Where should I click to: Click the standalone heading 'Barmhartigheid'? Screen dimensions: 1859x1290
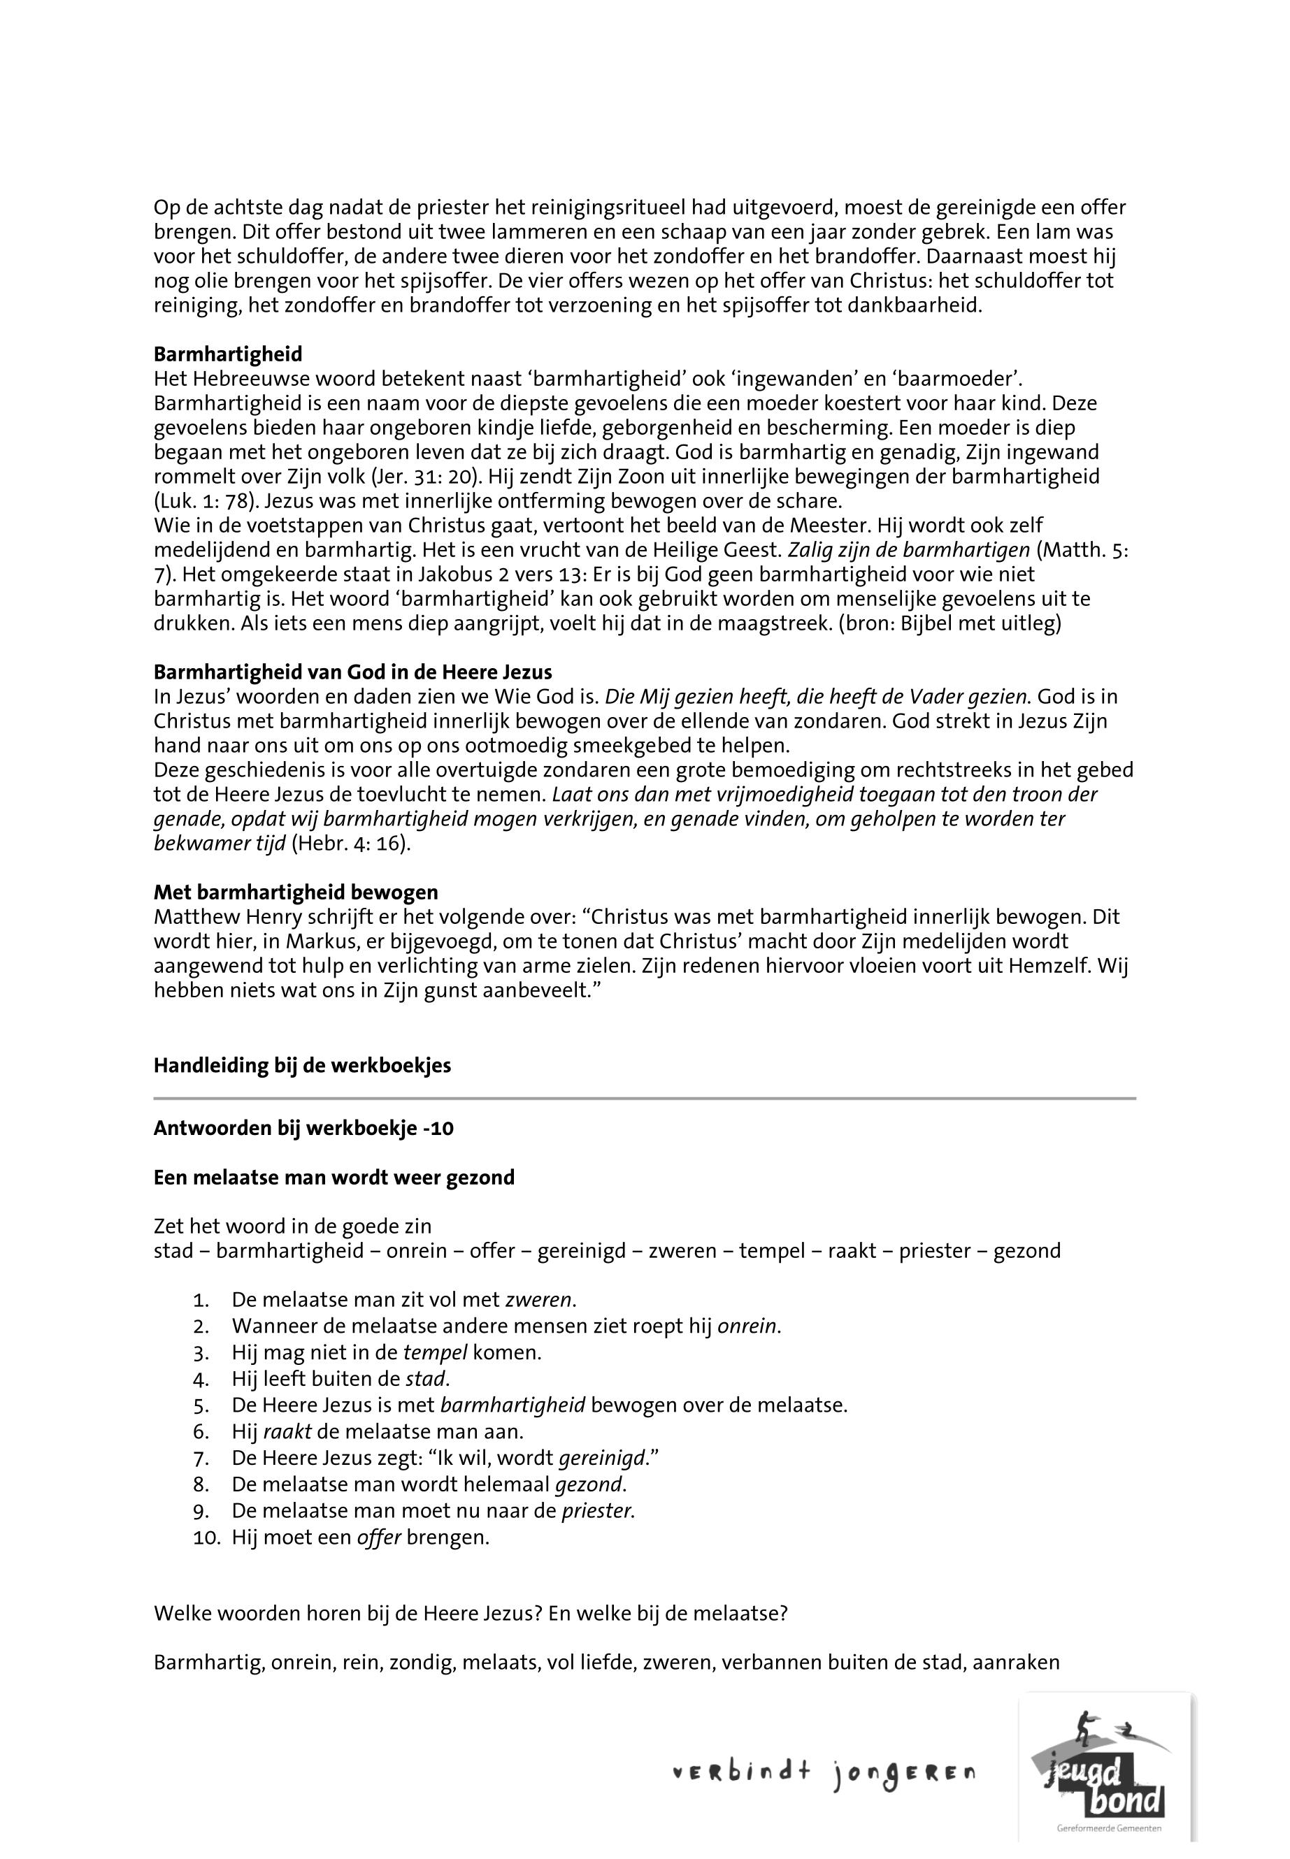click(x=228, y=354)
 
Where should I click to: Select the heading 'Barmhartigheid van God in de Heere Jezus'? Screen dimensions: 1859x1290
click(x=352, y=672)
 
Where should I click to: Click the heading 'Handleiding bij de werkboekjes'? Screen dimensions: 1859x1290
click(x=302, y=1065)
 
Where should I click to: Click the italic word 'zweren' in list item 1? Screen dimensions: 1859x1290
click(x=538, y=1300)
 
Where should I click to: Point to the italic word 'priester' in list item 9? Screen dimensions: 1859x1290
click(x=597, y=1510)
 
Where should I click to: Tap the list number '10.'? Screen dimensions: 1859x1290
click(x=207, y=1537)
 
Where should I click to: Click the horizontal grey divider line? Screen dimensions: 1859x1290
click(x=644, y=1099)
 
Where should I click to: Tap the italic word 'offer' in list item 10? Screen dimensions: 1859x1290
click(x=379, y=1537)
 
